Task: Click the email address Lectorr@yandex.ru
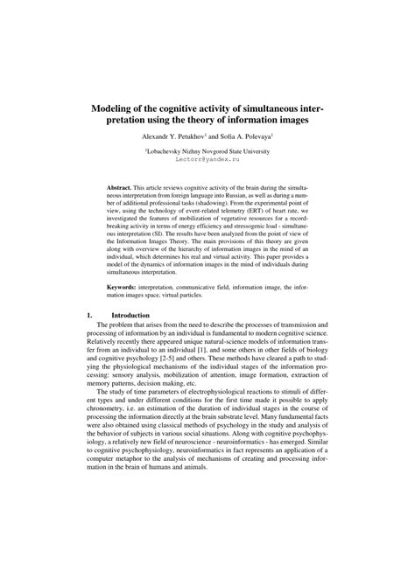pos(207,162)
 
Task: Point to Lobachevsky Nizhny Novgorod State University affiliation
pos(207,152)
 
